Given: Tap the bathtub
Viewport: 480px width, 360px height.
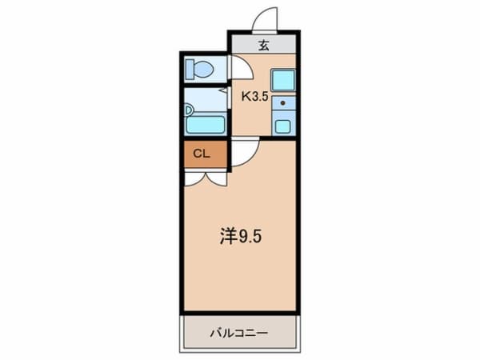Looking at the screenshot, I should click(x=206, y=123).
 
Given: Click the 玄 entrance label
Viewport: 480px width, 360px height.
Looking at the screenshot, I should click(x=263, y=45).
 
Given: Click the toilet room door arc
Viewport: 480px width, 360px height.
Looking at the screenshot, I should click(x=241, y=69).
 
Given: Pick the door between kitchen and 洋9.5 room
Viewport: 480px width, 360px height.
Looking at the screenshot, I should click(x=244, y=149).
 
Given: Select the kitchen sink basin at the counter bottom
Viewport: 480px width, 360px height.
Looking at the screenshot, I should click(x=282, y=126).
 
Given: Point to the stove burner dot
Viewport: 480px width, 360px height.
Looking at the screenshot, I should click(x=282, y=102).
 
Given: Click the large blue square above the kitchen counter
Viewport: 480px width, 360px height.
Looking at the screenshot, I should click(x=282, y=80).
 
